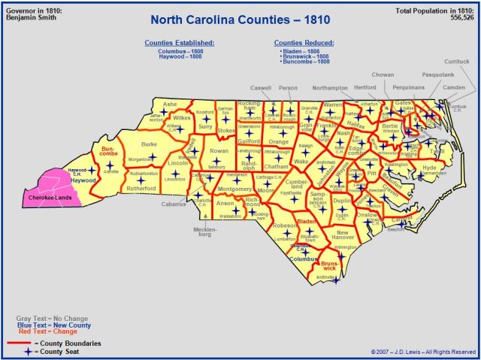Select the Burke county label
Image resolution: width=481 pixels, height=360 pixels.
149,144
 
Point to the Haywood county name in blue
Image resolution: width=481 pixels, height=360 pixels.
83,181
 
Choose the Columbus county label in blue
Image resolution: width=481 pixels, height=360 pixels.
304,258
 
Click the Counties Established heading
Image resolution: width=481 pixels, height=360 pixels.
180,43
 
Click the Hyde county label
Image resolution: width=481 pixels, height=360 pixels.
429,167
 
